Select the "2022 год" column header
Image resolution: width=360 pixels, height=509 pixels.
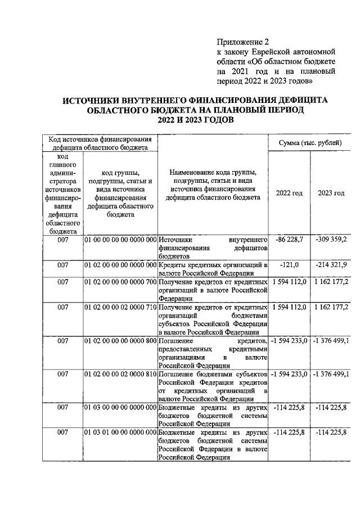289,193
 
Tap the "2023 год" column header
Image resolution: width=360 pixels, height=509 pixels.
331,193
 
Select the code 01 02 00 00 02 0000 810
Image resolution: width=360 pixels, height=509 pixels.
120,375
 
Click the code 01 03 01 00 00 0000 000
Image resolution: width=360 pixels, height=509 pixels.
120,433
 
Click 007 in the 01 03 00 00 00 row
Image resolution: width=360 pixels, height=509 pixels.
62,408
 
